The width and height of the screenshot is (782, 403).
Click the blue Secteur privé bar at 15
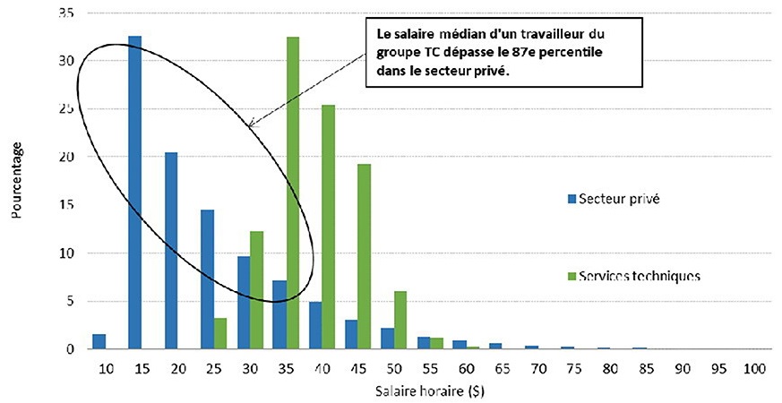click(135, 193)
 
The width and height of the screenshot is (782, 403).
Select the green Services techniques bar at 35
click(293, 193)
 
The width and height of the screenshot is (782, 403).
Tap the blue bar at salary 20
click(171, 251)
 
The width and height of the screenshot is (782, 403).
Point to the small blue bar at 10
click(99, 341)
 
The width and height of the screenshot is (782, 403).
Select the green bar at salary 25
click(220, 333)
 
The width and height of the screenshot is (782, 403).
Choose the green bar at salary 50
click(400, 320)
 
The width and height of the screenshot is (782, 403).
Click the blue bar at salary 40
click(315, 325)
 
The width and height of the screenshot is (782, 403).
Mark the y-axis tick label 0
click(70, 349)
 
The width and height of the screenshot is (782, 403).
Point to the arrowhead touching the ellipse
click(252, 125)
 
